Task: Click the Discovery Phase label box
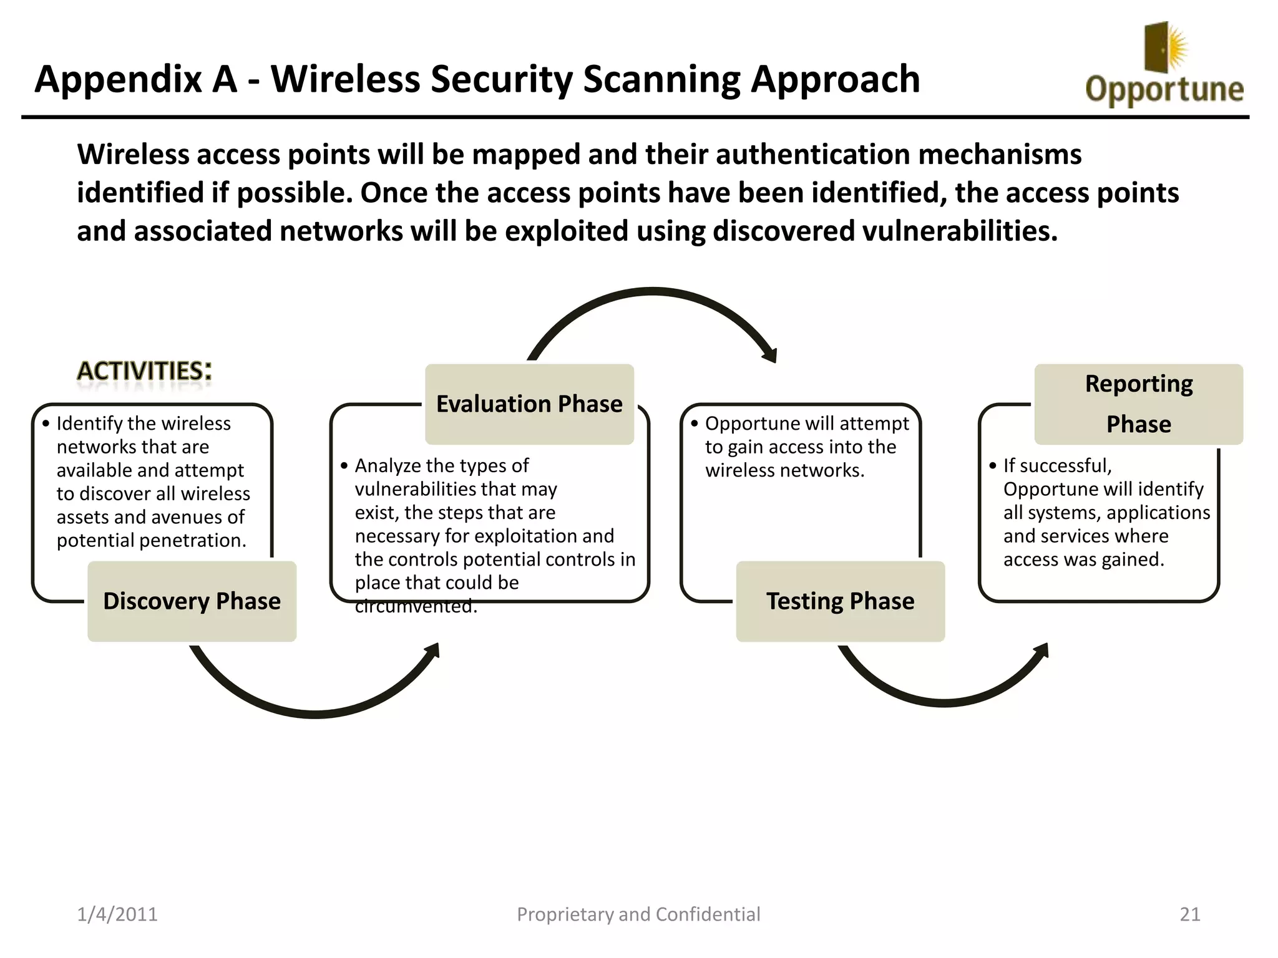tap(192, 601)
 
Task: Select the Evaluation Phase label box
tap(529, 404)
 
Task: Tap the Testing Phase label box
tap(840, 601)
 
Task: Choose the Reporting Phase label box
tap(1138, 404)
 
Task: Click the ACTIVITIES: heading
tap(144, 371)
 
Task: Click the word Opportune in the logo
tap(1164, 89)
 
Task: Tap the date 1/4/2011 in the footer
tap(117, 914)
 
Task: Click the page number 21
tap(1189, 914)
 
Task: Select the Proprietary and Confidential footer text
tap(638, 914)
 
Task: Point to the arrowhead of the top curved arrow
tap(771, 355)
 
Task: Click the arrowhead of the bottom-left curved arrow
tap(433, 651)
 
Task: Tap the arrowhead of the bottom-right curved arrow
tap(1042, 651)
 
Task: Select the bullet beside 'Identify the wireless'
tap(46, 423)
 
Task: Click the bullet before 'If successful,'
tap(992, 466)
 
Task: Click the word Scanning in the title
tap(661, 80)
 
